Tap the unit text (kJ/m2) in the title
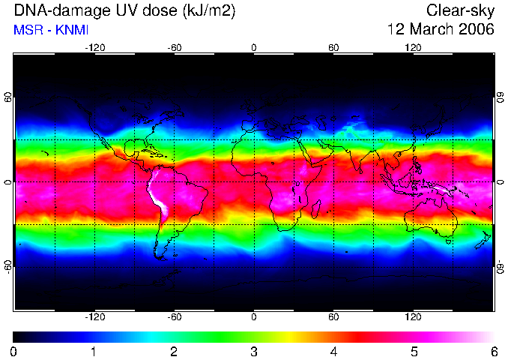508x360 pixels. click(209, 11)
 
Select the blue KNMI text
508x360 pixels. click(72, 30)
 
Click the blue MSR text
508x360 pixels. click(28, 30)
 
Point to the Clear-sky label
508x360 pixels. click(460, 11)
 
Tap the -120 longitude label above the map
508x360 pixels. click(95, 48)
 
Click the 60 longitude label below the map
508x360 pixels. click(333, 316)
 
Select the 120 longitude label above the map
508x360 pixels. click(413, 48)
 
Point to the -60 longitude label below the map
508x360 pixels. click(174, 316)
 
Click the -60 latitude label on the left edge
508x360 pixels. click(8, 267)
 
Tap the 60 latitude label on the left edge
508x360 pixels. click(8, 97)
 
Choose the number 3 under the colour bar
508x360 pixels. click(254, 352)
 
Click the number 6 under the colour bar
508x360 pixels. click(494, 352)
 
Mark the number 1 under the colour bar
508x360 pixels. click(94, 352)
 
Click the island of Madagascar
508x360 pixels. click(316, 208)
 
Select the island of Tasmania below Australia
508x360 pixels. click(448, 241)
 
